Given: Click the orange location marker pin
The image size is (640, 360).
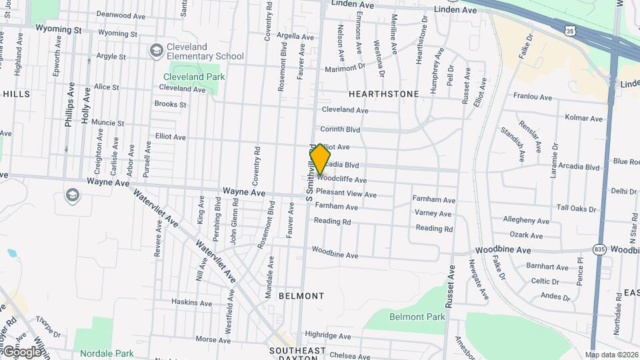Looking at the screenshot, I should pos(321,159).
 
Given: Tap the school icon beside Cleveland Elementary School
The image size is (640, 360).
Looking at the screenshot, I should pos(156,51).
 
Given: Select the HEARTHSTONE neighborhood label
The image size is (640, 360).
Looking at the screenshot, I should pos(383,94).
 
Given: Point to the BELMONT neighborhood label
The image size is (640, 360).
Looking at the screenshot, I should pos(301,295).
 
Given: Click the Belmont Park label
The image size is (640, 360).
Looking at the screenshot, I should pos(417,317).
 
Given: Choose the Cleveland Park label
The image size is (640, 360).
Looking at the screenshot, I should pos(194,77).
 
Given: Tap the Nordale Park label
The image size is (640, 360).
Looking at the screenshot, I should pos(107,353).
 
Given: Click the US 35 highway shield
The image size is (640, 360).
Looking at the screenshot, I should pos(569,31).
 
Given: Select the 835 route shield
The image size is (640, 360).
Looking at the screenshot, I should pos(600,249).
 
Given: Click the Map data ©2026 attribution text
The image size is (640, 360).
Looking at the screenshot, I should pos(611,355).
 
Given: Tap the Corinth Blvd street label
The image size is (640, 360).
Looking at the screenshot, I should pos(340,129).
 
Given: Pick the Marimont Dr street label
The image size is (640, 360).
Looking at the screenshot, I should pos(345,67).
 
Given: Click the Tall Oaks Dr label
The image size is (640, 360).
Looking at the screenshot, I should pos(576,209).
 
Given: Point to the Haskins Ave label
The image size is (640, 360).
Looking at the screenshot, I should pos(191,303).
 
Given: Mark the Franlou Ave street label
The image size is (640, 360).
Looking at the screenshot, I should pos(533,97).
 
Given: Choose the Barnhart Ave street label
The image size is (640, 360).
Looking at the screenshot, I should pos(547,266).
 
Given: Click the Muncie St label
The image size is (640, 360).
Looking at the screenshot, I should pos(108,123).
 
